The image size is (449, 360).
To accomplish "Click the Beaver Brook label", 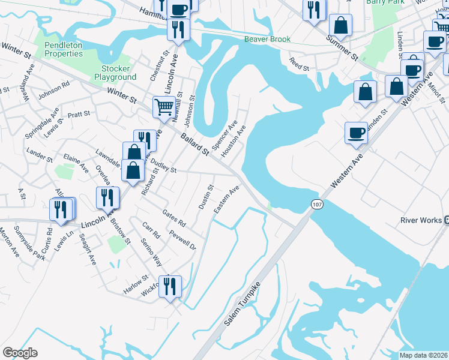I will click(x=267, y=40).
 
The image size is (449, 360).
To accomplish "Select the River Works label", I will click(x=421, y=220).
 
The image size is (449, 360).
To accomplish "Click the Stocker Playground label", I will click(x=115, y=73).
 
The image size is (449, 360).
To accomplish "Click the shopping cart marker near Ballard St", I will click(x=164, y=107).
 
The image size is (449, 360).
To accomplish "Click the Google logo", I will click(x=20, y=353).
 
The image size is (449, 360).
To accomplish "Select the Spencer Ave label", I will click(x=220, y=133).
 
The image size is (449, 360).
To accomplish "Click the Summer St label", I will click(x=342, y=47).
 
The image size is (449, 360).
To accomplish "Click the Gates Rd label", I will click(x=174, y=218).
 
